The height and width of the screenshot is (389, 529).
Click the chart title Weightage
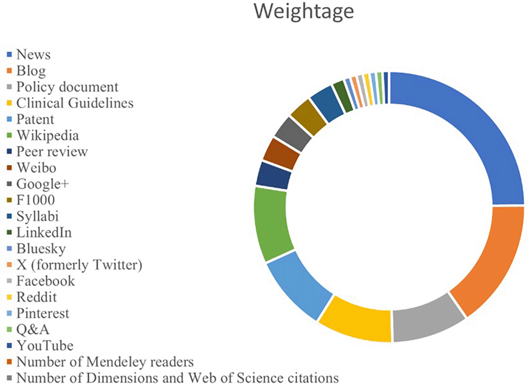pos(304,11)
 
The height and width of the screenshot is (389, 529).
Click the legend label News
pos(33,54)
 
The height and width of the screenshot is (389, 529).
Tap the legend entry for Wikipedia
pos(47,135)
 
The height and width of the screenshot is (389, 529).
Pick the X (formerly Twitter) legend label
pos(79,265)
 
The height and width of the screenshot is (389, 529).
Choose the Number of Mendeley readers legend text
pos(105,362)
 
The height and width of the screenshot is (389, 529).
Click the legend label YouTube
pos(45,346)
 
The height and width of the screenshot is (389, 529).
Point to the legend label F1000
pos(35,200)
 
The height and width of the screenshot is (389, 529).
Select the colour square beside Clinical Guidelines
pos(10,103)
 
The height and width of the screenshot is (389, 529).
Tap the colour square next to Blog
pos(10,71)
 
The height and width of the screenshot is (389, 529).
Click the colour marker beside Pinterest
pos(10,313)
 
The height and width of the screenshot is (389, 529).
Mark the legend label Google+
pos(43,184)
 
